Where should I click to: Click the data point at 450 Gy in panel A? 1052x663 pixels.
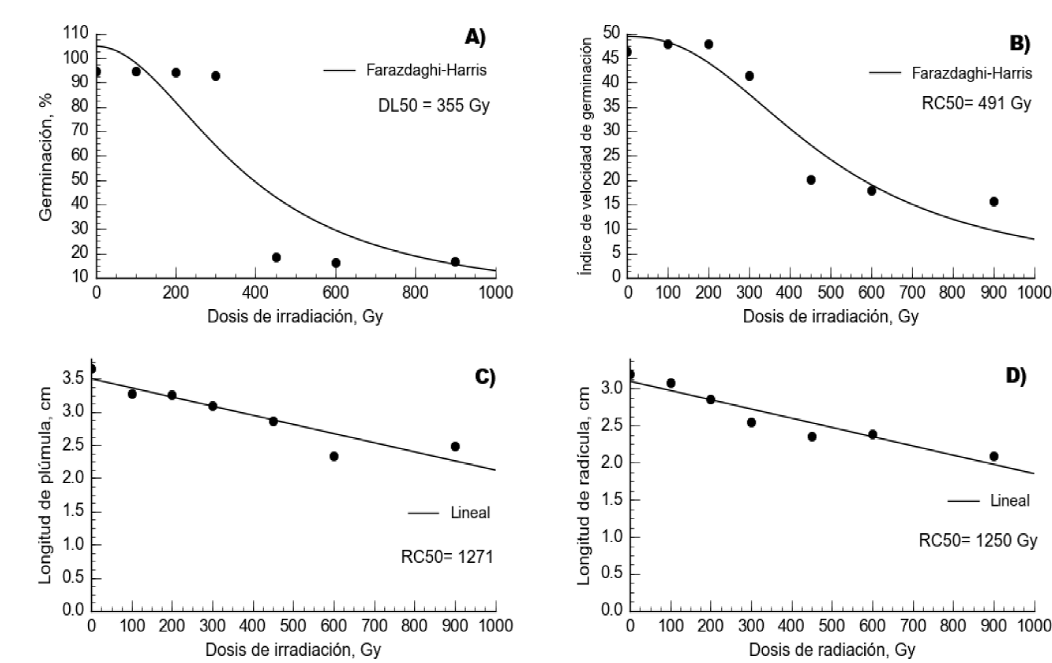(276, 257)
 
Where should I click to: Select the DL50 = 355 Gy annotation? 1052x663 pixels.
(434, 105)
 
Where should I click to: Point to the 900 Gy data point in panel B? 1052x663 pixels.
(993, 201)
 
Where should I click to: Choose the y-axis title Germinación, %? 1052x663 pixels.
(48, 155)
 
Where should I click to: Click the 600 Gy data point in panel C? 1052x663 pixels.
(334, 456)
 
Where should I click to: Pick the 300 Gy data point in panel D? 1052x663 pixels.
(751, 422)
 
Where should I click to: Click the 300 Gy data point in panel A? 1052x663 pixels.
(215, 76)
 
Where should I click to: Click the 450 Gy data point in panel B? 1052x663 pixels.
(811, 180)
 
